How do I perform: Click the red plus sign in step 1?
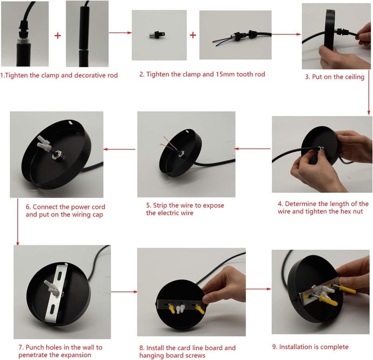click(57, 36)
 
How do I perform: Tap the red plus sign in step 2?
click(193, 35)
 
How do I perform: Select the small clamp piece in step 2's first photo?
click(157, 34)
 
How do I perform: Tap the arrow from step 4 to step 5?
click(252, 149)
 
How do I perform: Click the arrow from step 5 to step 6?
click(119, 149)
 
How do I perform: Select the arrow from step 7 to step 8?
click(124, 292)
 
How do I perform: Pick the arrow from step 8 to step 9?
click(258, 289)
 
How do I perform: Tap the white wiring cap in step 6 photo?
click(44, 143)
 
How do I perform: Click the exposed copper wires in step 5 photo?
click(168, 144)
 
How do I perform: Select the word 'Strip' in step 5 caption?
click(160, 205)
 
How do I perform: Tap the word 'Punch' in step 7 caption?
click(35, 347)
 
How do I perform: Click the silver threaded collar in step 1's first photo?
click(24, 40)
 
